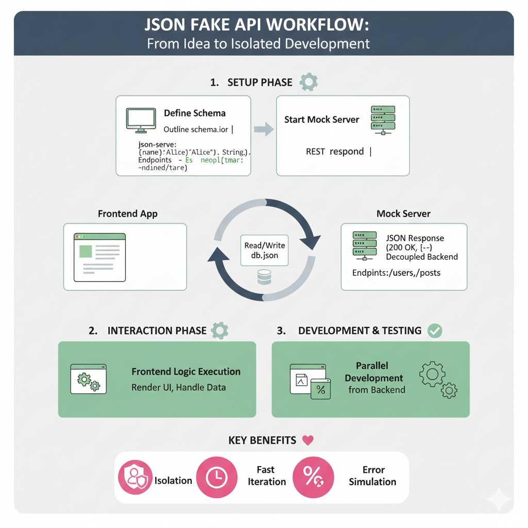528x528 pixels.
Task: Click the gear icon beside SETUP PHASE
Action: [308, 82]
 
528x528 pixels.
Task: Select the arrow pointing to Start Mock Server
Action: [264, 129]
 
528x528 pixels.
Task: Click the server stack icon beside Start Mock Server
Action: [383, 120]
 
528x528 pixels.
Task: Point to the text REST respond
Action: [335, 152]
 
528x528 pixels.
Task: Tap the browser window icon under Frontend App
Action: [100, 257]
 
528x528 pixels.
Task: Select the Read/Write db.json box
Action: [264, 251]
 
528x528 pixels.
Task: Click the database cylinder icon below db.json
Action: [264, 277]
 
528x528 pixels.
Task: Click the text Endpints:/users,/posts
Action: [396, 272]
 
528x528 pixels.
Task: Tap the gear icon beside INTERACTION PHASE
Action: [220, 331]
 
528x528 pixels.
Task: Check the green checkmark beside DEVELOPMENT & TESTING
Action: [435, 331]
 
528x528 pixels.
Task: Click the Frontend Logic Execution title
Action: [186, 372]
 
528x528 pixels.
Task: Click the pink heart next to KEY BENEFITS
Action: [308, 440]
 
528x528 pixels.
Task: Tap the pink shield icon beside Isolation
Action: [136, 478]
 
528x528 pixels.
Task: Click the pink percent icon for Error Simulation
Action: [311, 476]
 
